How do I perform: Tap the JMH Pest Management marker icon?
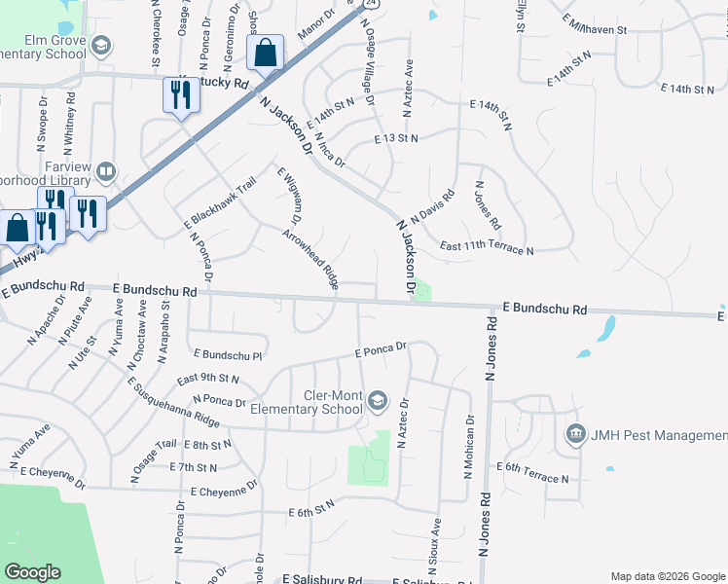[x=574, y=433]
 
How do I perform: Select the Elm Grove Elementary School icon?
[x=101, y=46]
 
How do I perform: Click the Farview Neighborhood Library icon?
[x=106, y=173]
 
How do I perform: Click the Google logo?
[x=32, y=572]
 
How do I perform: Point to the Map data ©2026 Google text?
[x=667, y=576]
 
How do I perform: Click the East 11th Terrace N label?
[x=487, y=249]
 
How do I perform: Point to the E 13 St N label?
[x=396, y=139]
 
